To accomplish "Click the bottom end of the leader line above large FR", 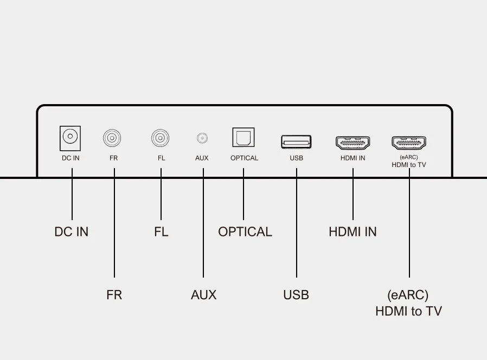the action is (x=114, y=277).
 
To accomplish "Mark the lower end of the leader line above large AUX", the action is (x=203, y=277).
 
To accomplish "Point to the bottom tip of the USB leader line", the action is (x=297, y=277).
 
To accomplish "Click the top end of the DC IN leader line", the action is (x=72, y=169).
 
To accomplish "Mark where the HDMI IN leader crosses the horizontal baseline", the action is (x=353, y=178).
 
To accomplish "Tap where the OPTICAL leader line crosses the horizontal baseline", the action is (x=243, y=178).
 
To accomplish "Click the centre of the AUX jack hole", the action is (x=202, y=138).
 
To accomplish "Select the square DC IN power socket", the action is (x=70, y=138).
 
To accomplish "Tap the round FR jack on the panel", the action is (x=112, y=138).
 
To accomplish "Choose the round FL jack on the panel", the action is (x=161, y=138).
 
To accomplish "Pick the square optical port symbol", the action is (x=243, y=137).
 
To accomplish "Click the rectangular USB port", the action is (x=296, y=142).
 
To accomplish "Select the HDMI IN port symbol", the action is (x=353, y=143).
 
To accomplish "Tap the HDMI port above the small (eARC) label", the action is (x=409, y=143).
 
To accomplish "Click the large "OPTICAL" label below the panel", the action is (x=245, y=232).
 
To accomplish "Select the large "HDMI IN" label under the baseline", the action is (x=353, y=232).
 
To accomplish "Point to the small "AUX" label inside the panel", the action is (x=202, y=158).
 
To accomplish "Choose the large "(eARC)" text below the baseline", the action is (x=408, y=295).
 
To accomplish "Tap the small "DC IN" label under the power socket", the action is (x=71, y=158).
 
